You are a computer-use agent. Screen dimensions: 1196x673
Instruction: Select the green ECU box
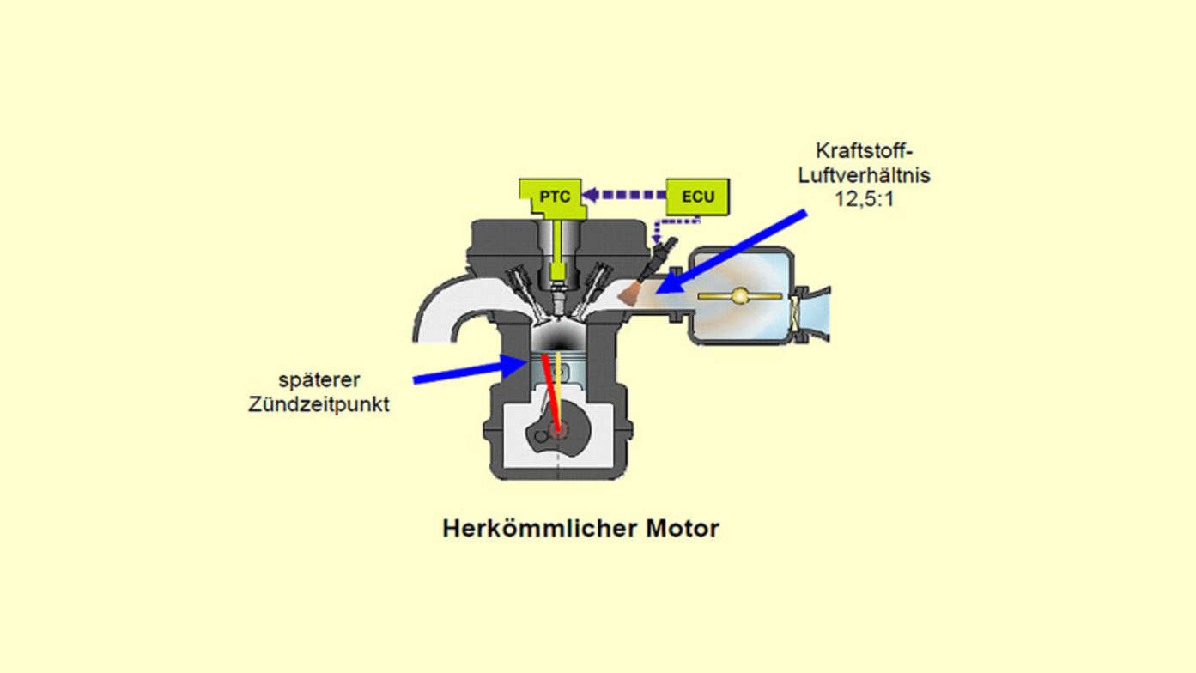pos(698,197)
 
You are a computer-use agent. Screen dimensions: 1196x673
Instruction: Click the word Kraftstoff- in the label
pos(864,151)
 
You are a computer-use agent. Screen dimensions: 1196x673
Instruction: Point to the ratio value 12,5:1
pos(864,199)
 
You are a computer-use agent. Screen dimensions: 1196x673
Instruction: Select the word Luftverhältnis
pos(864,175)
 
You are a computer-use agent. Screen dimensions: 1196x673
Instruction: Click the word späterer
pos(319,381)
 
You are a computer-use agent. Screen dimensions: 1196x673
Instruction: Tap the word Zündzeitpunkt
pos(319,404)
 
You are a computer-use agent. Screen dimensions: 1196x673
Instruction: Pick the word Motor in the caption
pos(683,529)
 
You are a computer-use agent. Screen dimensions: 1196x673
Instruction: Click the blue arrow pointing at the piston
pos(471,370)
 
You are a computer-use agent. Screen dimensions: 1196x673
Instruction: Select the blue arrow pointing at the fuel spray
pos(732,252)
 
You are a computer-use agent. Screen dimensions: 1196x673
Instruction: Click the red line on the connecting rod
pos(550,392)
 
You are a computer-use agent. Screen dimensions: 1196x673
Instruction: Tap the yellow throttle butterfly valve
pos(739,295)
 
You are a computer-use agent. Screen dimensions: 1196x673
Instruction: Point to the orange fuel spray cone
pos(630,294)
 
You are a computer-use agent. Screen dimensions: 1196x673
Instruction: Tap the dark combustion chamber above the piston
pos(558,334)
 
